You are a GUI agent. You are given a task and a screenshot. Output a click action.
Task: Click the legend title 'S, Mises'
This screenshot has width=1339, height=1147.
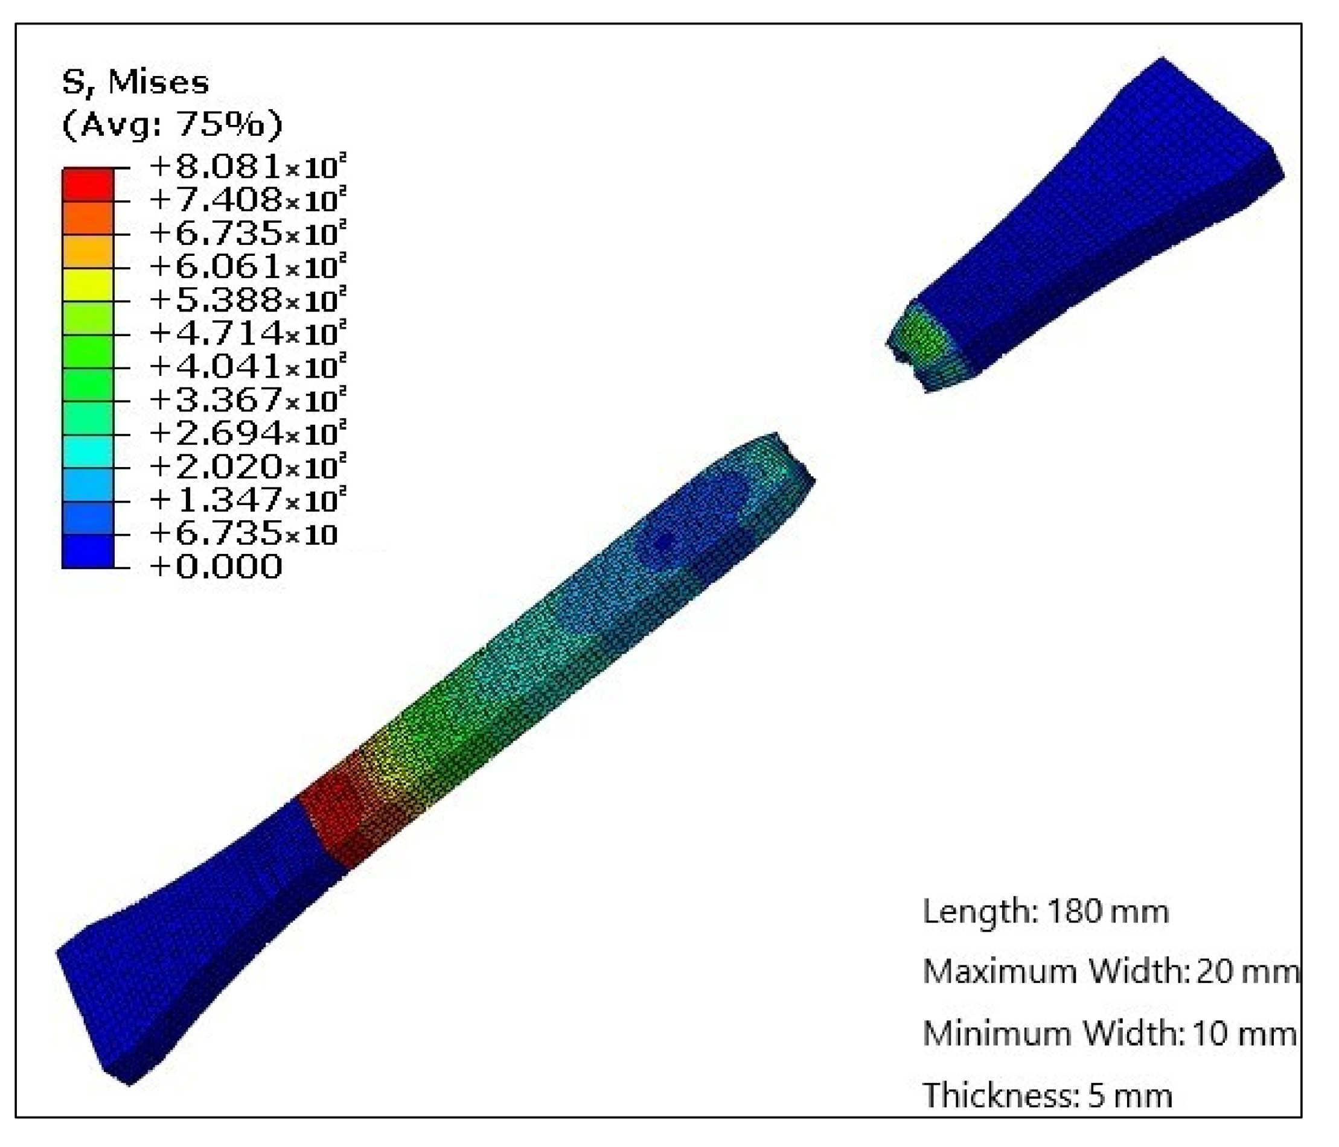click(x=136, y=83)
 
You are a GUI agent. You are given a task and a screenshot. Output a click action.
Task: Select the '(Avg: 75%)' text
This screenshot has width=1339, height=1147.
click(x=172, y=124)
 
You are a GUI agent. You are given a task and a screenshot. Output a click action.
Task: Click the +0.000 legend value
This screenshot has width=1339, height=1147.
click(x=216, y=567)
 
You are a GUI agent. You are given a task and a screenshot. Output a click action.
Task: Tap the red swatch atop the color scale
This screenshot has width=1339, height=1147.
click(x=88, y=185)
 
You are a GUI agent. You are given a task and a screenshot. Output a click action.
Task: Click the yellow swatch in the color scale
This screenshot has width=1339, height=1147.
click(x=88, y=285)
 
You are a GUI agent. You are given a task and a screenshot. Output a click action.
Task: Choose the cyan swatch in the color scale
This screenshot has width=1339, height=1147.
click(x=88, y=451)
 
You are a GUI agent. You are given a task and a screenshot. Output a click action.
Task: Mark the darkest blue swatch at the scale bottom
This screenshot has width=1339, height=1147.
click(x=88, y=551)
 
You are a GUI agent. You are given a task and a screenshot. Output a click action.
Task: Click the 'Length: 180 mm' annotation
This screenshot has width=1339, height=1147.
click(x=1046, y=911)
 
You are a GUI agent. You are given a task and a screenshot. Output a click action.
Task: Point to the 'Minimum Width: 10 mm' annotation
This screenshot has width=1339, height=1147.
click(x=1109, y=1033)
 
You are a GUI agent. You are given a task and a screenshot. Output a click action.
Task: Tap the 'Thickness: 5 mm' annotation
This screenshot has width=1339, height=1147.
click(x=1047, y=1095)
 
